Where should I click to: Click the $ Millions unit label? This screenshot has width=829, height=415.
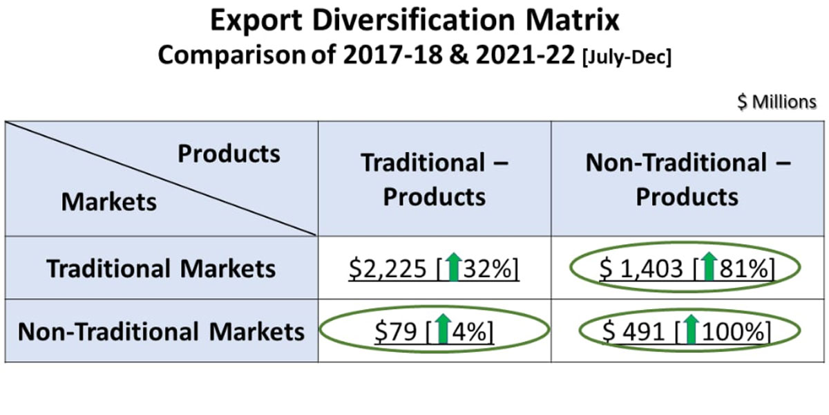[x=776, y=102]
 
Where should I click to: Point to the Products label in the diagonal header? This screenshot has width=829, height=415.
[x=229, y=154]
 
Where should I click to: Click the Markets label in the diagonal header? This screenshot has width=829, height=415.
[x=109, y=202]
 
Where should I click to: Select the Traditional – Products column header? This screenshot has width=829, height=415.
[x=435, y=180]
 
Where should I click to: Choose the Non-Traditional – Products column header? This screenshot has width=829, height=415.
[x=687, y=180]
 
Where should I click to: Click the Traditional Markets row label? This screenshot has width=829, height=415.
[x=161, y=268]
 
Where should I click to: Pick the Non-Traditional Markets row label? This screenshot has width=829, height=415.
[x=161, y=332]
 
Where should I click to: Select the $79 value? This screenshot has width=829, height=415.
[x=396, y=333]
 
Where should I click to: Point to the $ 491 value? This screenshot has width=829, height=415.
[x=637, y=333]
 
